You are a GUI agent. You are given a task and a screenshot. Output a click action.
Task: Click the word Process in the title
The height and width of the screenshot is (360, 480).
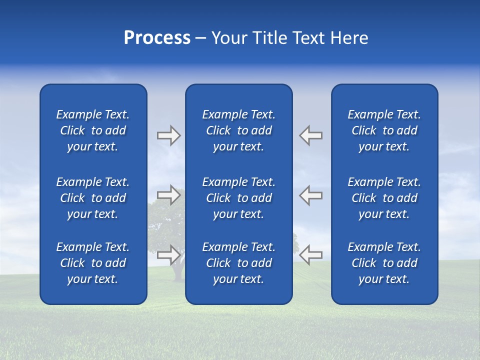[157, 38]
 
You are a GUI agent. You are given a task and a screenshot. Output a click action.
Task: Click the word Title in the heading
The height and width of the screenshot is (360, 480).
[269, 38]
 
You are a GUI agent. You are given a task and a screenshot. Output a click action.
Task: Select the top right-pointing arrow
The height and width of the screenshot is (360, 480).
[168, 135]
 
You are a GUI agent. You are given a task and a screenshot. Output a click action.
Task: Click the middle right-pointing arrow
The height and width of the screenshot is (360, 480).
[168, 195]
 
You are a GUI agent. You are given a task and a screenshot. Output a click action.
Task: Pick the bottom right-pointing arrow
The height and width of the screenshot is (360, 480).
[168, 254]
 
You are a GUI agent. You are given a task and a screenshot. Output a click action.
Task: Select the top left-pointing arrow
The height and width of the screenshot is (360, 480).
[311, 135]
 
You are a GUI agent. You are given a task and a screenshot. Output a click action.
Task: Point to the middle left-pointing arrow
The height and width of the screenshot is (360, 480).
[311, 195]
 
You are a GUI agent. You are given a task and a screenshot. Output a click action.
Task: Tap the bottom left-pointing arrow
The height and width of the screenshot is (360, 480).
[311, 254]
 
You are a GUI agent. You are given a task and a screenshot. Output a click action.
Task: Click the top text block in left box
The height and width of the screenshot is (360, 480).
[92, 130]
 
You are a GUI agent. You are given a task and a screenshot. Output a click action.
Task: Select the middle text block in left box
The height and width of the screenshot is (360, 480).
[92, 198]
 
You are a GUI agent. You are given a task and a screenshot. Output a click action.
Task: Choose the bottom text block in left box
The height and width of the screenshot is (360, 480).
[92, 263]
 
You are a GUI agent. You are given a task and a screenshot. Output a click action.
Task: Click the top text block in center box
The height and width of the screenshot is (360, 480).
[238, 130]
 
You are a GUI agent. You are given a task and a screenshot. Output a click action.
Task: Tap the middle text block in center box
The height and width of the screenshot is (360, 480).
[238, 198]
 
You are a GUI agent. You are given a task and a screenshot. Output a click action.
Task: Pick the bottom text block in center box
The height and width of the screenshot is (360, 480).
[238, 263]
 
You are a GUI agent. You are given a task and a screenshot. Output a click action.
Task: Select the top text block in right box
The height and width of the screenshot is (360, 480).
[384, 130]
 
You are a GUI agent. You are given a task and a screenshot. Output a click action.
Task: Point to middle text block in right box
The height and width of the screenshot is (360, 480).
[384, 198]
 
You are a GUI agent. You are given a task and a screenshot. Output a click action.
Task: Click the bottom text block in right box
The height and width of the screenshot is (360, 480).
[384, 263]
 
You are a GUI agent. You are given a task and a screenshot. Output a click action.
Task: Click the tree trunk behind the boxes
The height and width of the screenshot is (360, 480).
[176, 272]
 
